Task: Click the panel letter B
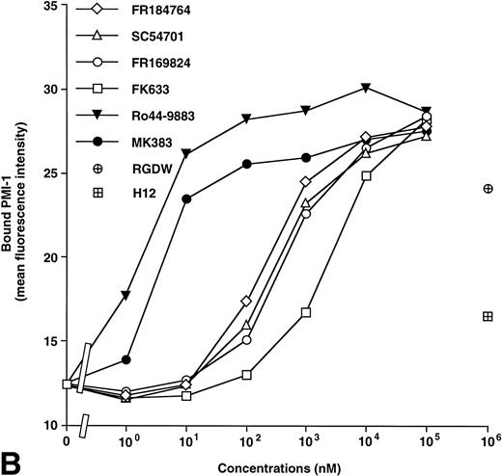14,461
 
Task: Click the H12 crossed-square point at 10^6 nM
488,316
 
